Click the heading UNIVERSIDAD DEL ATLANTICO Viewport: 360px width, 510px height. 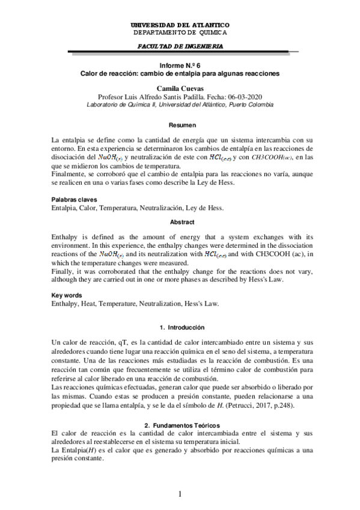click(180, 25)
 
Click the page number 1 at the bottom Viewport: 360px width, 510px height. click(180, 494)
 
